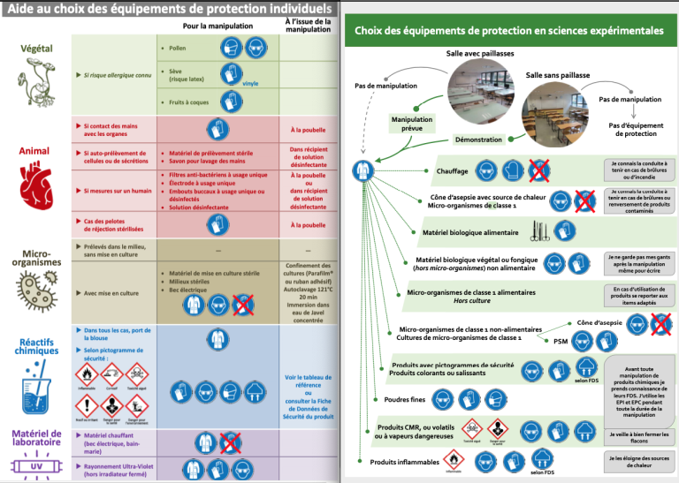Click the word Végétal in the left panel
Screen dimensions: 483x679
36,47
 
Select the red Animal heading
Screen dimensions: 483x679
34,151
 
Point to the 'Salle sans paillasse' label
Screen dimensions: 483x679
558,76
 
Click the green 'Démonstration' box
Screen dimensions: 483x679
478,140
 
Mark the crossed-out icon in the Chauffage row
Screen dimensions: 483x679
538,170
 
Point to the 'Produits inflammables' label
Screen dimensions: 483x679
404,461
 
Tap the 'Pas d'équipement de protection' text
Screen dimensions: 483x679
635,130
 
